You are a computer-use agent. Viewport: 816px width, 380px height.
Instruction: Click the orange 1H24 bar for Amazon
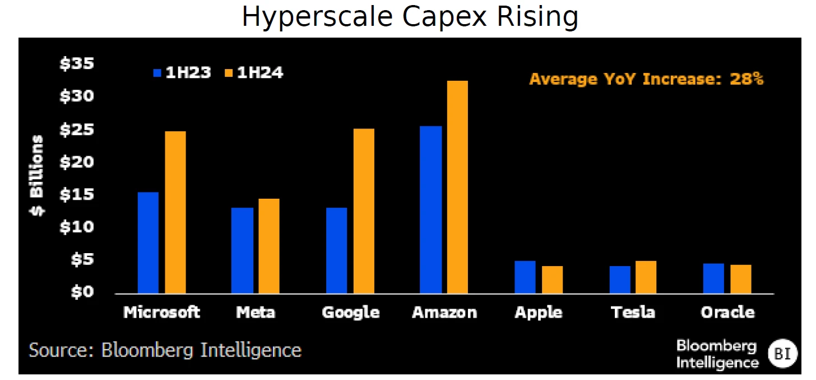457,187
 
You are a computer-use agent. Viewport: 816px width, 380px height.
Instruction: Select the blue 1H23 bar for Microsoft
148,242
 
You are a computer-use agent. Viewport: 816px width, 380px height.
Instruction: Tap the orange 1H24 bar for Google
363,211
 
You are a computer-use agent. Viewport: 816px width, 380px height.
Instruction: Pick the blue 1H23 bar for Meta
242,250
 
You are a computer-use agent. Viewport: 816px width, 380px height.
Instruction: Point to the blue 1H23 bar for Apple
525,277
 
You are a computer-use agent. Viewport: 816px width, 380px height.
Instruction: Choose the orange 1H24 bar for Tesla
646,277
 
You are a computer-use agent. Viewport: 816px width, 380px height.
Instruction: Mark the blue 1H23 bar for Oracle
713,278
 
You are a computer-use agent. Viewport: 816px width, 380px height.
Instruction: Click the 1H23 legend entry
182,73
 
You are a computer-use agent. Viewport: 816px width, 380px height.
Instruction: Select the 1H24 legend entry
254,73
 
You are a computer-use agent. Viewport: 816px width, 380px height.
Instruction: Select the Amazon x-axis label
444,313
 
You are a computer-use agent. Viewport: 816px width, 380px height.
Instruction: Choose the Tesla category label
633,313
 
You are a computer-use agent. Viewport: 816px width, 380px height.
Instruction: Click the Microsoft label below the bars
161,313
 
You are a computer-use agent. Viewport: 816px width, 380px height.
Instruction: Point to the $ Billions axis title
37,176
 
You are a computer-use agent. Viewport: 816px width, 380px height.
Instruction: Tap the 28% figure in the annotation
746,79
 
